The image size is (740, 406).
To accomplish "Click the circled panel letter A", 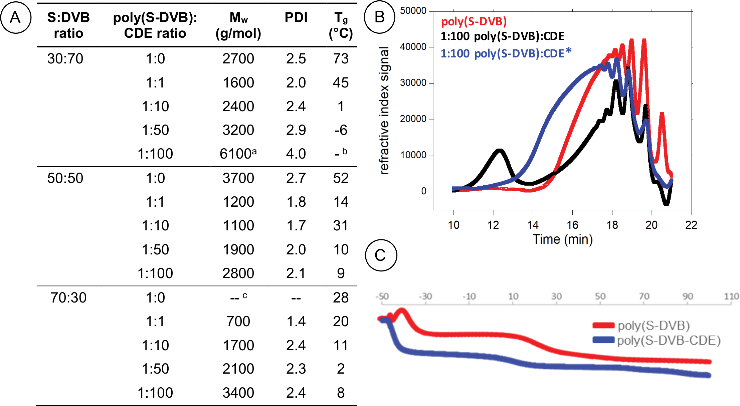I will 16,17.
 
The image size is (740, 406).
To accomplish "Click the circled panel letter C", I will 381,255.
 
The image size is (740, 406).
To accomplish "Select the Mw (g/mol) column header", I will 238,25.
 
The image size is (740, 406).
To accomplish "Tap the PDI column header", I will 296,18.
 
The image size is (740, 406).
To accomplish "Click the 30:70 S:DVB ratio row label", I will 65,59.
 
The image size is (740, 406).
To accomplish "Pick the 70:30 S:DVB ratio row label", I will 68,297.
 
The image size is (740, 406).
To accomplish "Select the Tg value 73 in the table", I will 341,59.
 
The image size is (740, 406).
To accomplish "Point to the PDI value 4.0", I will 296,154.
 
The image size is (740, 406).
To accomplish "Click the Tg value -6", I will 341,130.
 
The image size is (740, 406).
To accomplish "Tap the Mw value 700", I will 238,322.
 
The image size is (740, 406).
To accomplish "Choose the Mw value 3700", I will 238,178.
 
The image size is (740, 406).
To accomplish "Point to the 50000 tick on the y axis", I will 413,11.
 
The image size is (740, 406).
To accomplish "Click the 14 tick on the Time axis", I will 533,225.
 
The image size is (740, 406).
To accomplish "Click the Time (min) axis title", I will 562,239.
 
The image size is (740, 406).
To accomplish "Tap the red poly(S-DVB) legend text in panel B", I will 474,22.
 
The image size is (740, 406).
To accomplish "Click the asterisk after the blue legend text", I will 568,51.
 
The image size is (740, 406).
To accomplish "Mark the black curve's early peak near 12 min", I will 499,151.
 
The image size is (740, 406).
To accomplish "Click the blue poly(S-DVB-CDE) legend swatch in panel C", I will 603,340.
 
